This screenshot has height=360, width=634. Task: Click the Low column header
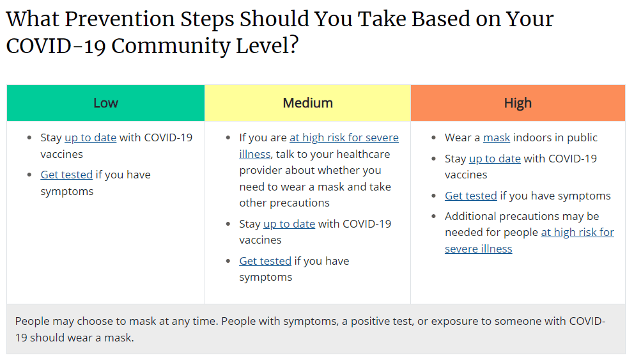pyautogui.click(x=105, y=103)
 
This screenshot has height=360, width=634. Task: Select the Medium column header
pyautogui.click(x=307, y=103)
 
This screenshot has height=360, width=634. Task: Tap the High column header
pyautogui.click(x=518, y=103)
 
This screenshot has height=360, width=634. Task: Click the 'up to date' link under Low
pyautogui.click(x=91, y=138)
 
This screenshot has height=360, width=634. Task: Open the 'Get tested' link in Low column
pyautogui.click(x=66, y=175)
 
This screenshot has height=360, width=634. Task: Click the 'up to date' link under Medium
pyautogui.click(x=289, y=224)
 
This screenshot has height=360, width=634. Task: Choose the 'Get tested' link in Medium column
pyautogui.click(x=265, y=261)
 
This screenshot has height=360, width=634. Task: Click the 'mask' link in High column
pyautogui.click(x=497, y=137)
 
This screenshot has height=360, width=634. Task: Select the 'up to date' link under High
pyautogui.click(x=495, y=159)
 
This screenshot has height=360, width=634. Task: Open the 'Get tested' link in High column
pyautogui.click(x=470, y=196)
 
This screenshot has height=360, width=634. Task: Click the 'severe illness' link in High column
pyautogui.click(x=478, y=249)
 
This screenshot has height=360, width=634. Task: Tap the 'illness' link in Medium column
pyautogui.click(x=255, y=154)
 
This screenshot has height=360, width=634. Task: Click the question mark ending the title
pyautogui.click(x=293, y=45)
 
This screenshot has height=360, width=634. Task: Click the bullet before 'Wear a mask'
pyautogui.click(x=433, y=138)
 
